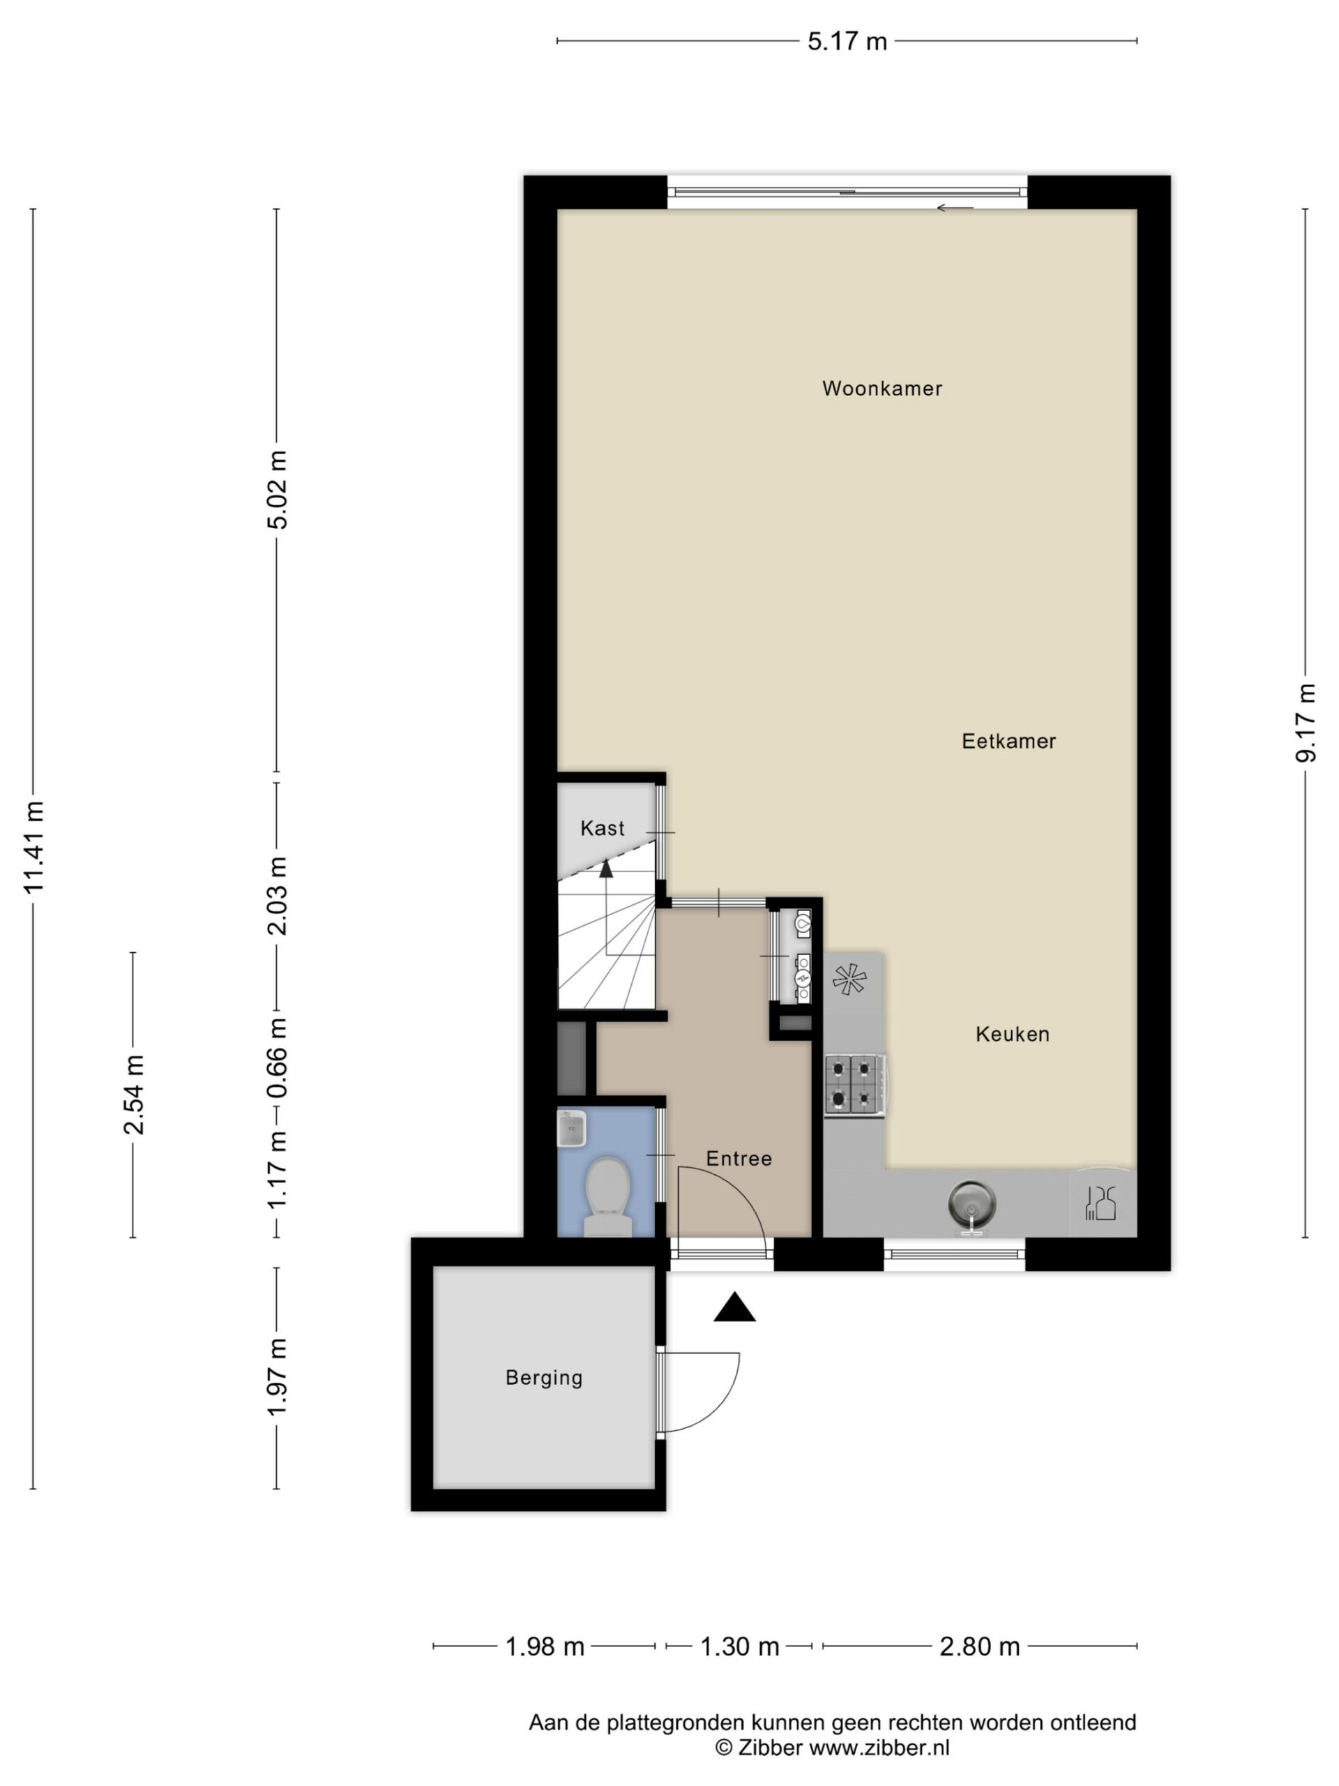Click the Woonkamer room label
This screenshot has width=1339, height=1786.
[882, 389]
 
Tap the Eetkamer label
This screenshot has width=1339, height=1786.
[1008, 741]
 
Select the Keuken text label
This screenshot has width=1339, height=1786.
[1012, 1035]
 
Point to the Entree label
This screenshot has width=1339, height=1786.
[739, 1159]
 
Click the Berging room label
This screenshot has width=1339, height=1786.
[544, 1377]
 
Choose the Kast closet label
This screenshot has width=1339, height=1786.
[602, 827]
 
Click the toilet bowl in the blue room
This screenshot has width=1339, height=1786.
[607, 1197]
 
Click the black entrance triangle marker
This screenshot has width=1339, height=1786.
[734, 1307]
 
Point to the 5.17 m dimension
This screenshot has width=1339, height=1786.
[847, 41]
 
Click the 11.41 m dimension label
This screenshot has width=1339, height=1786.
[33, 847]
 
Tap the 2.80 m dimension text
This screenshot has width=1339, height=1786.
[980, 1646]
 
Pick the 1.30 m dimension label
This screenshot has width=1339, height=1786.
[739, 1646]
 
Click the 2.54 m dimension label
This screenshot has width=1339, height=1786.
[133, 1094]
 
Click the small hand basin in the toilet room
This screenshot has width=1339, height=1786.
[571, 1128]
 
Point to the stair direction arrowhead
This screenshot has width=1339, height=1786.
[606, 869]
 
